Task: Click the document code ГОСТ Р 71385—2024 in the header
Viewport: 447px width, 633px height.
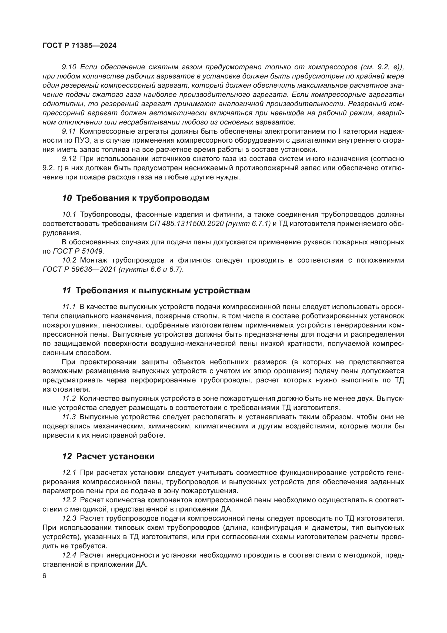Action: pos(79,46)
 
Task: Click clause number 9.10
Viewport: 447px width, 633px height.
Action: pos(69,67)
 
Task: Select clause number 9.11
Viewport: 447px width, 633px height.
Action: pos(69,131)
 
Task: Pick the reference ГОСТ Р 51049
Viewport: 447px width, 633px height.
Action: pos(78,251)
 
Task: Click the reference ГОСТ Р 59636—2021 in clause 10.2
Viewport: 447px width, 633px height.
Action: pos(79,269)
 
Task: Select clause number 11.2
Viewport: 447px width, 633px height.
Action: pos(69,399)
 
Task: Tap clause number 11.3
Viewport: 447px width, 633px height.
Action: pos(69,417)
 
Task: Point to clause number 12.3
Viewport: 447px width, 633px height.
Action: pos(69,519)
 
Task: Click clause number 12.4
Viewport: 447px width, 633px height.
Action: pos(69,555)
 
